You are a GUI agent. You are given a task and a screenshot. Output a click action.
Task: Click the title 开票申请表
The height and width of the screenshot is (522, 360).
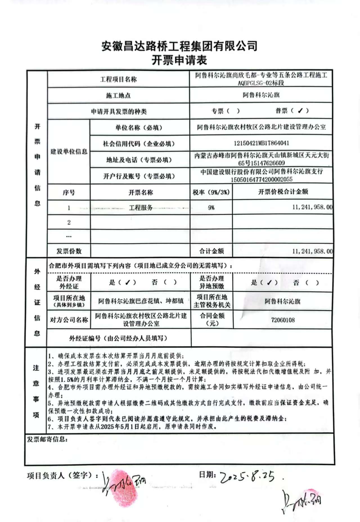tap(179, 60)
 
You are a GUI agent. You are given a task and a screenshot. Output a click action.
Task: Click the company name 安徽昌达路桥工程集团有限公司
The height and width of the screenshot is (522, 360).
tap(179, 46)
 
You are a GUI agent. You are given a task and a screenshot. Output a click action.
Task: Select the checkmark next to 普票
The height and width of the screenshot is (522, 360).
tap(300, 111)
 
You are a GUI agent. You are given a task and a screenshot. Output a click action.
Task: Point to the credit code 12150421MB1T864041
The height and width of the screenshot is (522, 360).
tap(261, 143)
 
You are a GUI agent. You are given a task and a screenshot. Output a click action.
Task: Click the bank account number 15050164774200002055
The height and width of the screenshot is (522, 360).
tap(261, 179)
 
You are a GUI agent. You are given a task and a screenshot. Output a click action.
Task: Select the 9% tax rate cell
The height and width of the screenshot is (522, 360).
tap(211, 208)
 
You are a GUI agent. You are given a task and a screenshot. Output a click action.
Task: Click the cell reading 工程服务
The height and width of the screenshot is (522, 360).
tap(141, 208)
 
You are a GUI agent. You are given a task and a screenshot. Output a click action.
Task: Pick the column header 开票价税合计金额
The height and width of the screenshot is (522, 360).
tap(283, 192)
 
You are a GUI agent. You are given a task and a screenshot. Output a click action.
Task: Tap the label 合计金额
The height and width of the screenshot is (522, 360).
tap(211, 251)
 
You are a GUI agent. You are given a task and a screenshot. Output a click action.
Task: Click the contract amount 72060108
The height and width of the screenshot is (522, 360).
tap(283, 320)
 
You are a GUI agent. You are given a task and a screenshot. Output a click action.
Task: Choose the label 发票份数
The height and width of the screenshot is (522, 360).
tap(69, 251)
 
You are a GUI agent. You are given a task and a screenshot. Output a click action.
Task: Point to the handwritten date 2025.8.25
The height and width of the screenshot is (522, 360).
tap(247, 476)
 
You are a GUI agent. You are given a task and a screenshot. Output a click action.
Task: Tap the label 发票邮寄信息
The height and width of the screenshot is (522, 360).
tap(47, 439)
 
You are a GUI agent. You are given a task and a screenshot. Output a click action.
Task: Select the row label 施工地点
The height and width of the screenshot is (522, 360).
tap(118, 96)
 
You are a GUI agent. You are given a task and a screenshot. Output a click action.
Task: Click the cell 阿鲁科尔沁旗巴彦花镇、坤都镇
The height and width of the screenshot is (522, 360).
tap(141, 301)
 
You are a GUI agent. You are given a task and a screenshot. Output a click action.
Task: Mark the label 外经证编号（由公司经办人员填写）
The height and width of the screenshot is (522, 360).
tap(118, 338)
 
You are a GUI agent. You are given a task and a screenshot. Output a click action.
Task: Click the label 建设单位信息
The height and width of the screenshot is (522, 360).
tap(69, 152)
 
